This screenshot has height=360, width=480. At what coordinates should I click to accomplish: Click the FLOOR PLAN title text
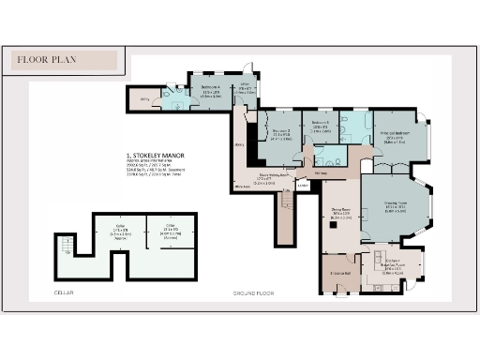point(48,60)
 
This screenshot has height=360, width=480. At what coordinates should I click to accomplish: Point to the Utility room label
point(145,97)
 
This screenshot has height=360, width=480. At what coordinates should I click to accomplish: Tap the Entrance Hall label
point(339,273)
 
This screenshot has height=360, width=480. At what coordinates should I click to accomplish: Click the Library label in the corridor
point(239,144)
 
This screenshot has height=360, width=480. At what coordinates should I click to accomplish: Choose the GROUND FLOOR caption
point(253,293)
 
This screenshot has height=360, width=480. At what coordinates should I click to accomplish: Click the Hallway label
point(322,172)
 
